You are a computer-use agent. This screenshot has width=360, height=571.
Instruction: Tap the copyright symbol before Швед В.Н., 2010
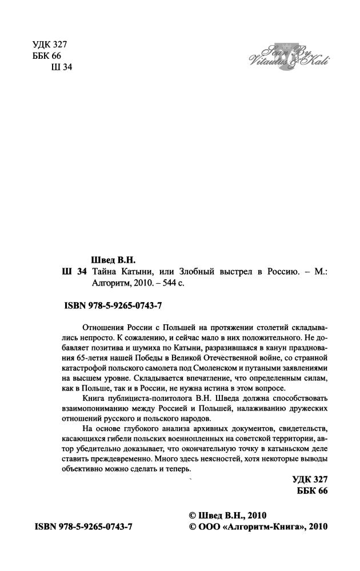[x=193, y=514]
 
